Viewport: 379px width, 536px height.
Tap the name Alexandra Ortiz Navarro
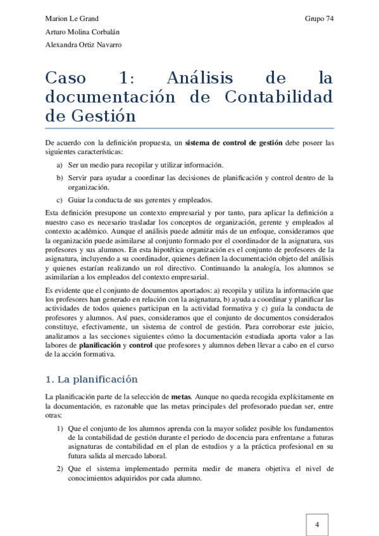(x=84, y=45)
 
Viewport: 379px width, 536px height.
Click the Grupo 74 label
(x=319, y=18)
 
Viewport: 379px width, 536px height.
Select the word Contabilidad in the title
(x=278, y=97)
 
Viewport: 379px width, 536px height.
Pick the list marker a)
(x=59, y=164)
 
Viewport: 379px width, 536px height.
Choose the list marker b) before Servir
(x=59, y=178)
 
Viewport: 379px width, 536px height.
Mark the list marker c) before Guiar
(x=59, y=200)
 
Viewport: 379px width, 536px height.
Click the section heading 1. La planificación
(x=91, y=380)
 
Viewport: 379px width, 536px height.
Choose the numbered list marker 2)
(x=59, y=469)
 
